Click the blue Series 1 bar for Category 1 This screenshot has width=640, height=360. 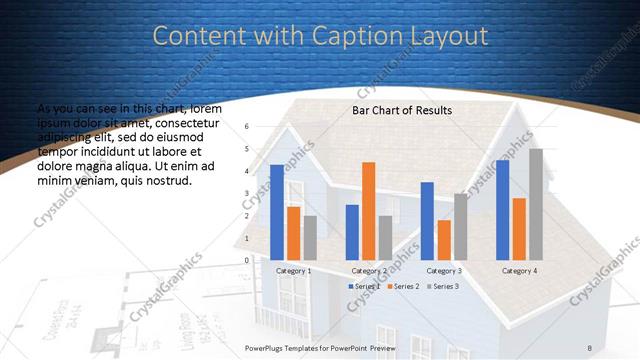[277, 212]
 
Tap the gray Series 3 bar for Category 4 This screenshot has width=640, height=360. [536, 204]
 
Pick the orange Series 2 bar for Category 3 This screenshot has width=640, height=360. [444, 240]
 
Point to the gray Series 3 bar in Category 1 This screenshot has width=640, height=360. [310, 238]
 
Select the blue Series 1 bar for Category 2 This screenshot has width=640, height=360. [352, 232]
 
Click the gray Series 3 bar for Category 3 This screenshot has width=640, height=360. [460, 227]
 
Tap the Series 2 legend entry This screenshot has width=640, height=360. [400, 287]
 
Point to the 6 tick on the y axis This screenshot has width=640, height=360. [247, 126]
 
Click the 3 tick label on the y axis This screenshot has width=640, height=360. [247, 193]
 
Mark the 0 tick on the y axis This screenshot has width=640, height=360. [247, 260]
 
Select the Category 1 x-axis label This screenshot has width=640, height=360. [293, 271]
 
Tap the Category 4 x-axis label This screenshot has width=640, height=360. [519, 271]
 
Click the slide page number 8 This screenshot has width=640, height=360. [590, 347]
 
